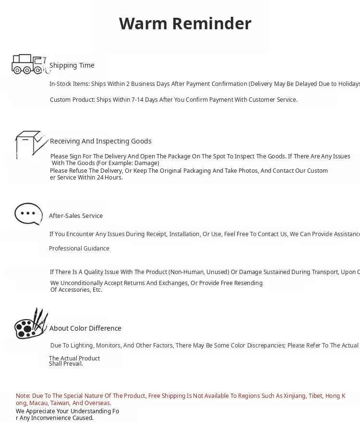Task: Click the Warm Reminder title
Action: (185, 24)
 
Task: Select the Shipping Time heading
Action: (72, 65)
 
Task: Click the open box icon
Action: (31, 144)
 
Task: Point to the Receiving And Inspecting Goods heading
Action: (100, 141)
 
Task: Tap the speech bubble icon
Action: (29, 214)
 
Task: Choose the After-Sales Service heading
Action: (76, 216)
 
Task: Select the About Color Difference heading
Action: (85, 328)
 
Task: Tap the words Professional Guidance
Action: (79, 249)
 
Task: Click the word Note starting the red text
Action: (23, 396)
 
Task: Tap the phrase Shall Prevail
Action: (66, 364)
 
